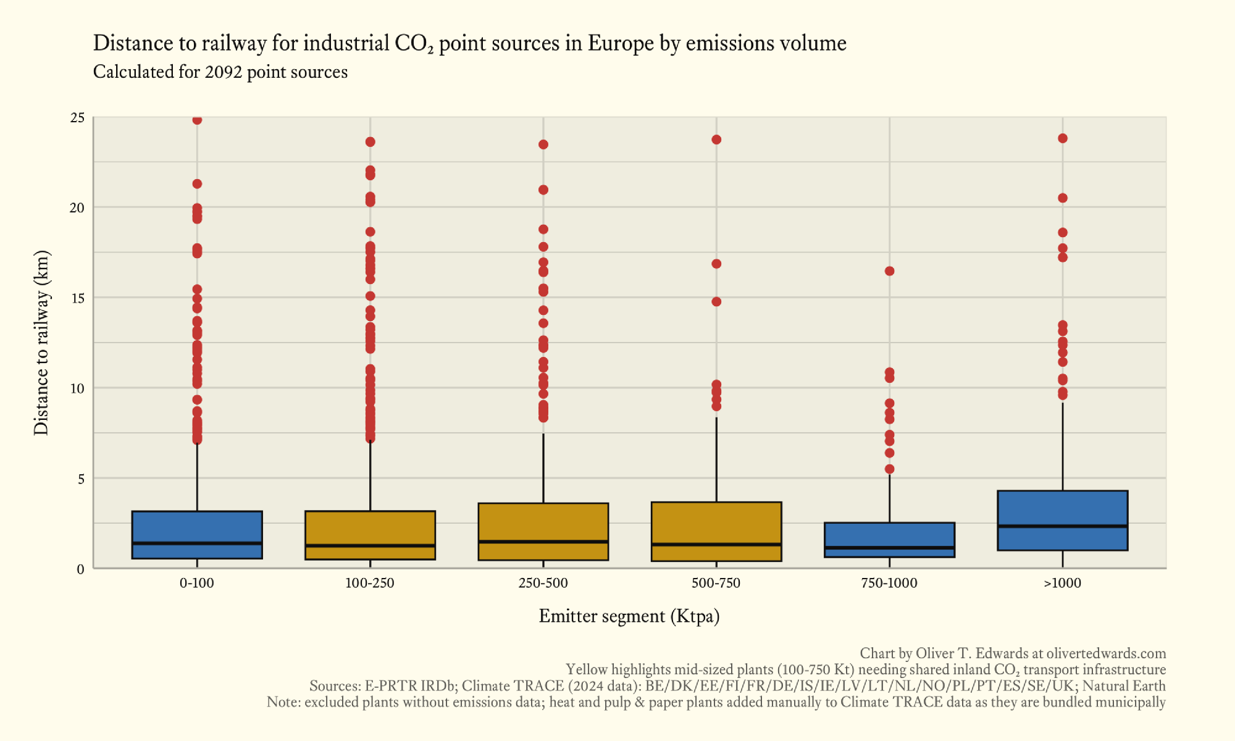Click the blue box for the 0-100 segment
coord(197,535)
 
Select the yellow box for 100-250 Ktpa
coord(370,535)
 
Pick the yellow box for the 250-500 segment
coord(543,531)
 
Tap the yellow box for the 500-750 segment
coord(716,531)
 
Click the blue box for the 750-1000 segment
coord(889,540)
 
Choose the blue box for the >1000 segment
coord(1063,520)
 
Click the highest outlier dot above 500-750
coord(716,140)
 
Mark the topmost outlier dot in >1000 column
coord(1063,138)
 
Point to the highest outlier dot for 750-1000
coord(889,271)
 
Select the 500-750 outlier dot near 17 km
coord(716,264)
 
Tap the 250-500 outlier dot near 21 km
coord(543,190)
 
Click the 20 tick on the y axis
coord(77,208)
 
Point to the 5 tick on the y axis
coord(80,479)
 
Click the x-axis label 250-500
coord(543,583)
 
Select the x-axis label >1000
coord(1062,583)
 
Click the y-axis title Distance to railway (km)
coord(41,343)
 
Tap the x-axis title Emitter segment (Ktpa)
coord(629,616)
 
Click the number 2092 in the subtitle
coord(223,72)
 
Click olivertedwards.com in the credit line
coord(1106,653)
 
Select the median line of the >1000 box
coord(1063,526)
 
